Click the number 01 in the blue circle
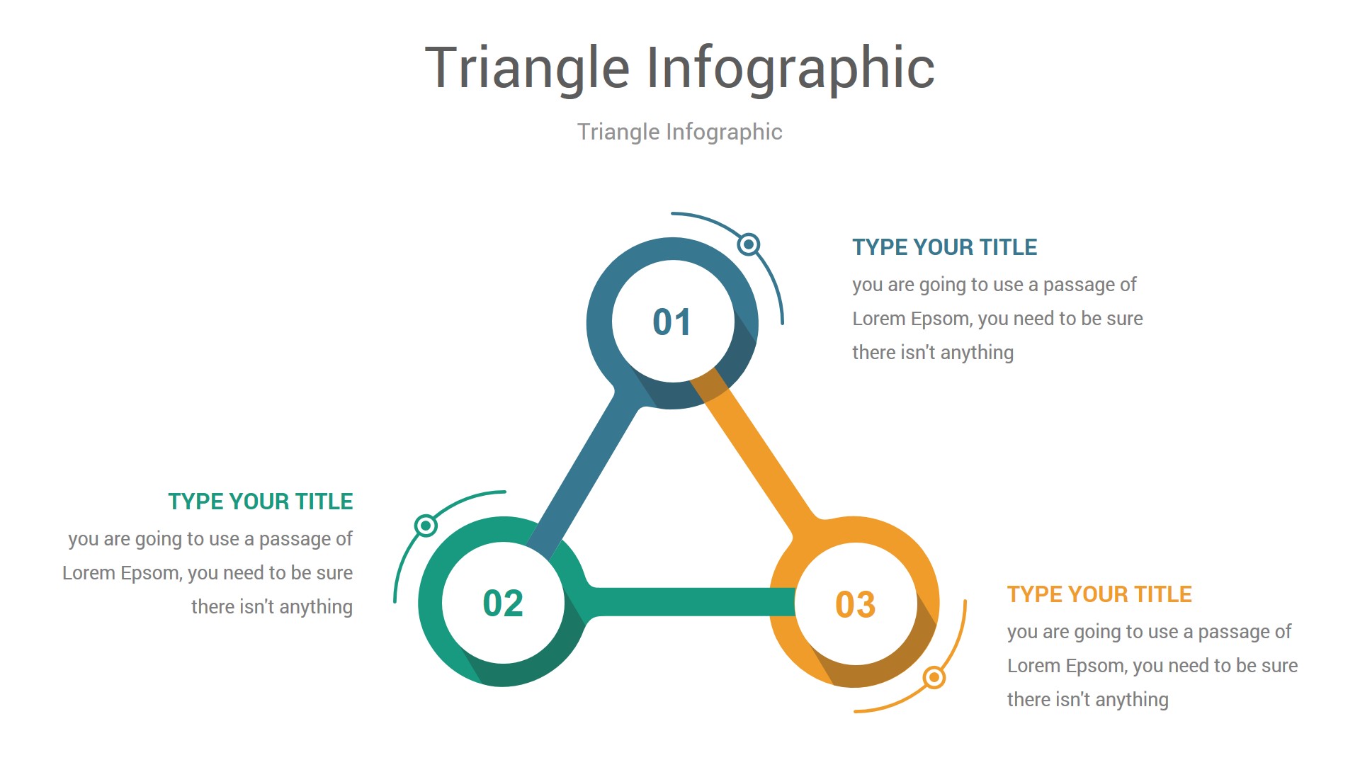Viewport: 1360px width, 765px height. [x=671, y=322]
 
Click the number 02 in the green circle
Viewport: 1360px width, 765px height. [x=503, y=603]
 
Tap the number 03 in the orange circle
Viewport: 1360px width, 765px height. [x=855, y=605]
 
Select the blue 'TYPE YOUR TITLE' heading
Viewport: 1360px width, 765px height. [x=944, y=247]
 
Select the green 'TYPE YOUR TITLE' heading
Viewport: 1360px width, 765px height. [x=260, y=501]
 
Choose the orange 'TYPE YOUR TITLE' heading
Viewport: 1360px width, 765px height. [x=1099, y=594]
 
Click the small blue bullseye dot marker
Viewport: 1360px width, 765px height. [x=749, y=244]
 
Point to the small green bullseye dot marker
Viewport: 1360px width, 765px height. [x=426, y=526]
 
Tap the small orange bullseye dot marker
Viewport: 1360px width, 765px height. [x=934, y=678]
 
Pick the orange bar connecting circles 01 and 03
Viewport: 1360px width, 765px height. [x=758, y=453]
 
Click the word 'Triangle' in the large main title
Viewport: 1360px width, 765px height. [x=527, y=69]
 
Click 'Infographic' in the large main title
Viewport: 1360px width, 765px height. [x=790, y=69]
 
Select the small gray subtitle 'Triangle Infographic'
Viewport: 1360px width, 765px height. [x=679, y=132]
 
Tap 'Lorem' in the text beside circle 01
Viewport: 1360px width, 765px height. [x=878, y=319]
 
